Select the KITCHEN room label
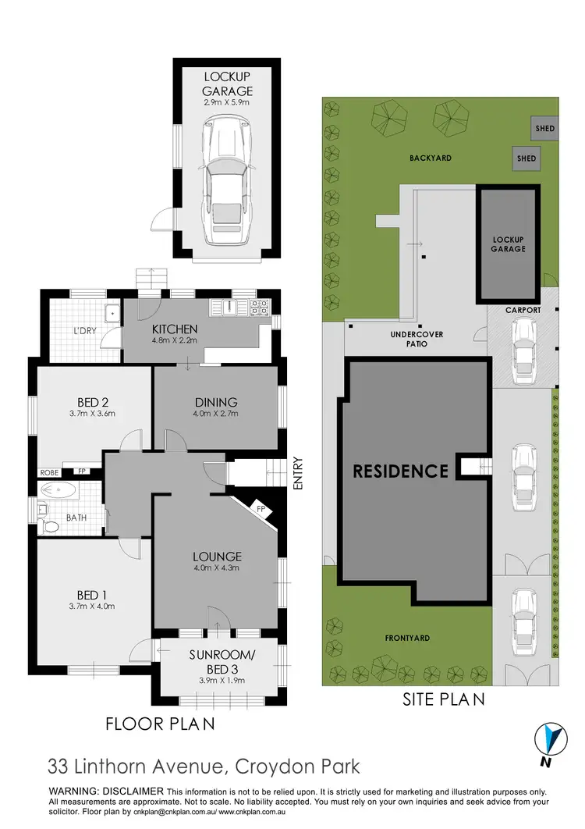click(x=175, y=329)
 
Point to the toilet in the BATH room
click(x=51, y=525)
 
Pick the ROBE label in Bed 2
click(x=49, y=472)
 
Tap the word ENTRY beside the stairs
click(x=298, y=473)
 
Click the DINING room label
click(x=216, y=402)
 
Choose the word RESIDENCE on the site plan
click(x=400, y=471)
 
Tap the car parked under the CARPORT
click(x=522, y=345)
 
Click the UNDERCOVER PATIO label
click(x=417, y=339)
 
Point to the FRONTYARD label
click(x=407, y=638)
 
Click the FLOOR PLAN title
click(x=160, y=724)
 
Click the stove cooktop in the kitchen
click(x=258, y=308)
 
